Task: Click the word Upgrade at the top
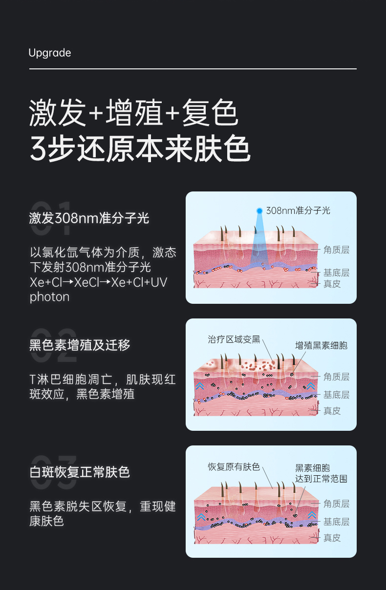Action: click(50, 53)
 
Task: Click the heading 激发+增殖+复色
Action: click(133, 113)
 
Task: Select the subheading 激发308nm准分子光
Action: click(89, 218)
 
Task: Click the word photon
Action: click(49, 297)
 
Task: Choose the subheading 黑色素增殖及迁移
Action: click(80, 345)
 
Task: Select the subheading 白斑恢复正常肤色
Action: click(80, 472)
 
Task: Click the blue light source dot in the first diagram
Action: click(259, 211)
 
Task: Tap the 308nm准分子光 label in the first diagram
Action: click(298, 211)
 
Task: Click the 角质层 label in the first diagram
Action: click(336, 250)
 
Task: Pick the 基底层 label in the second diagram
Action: click(336, 395)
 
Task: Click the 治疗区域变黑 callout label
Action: click(234, 339)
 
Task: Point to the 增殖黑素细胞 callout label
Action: click(322, 345)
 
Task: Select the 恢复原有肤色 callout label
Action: click(234, 466)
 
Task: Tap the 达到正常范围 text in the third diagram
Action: click(322, 479)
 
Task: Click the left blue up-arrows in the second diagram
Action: click(199, 386)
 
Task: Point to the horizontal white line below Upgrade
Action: click(193, 69)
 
